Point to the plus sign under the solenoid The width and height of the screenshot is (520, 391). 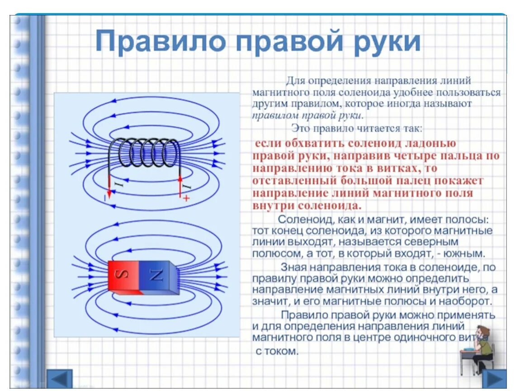186,198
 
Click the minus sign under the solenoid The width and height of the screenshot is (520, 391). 105,198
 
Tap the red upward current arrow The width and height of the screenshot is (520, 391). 180,186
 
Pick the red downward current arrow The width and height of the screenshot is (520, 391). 109,186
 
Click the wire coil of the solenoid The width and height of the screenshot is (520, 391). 145,153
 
